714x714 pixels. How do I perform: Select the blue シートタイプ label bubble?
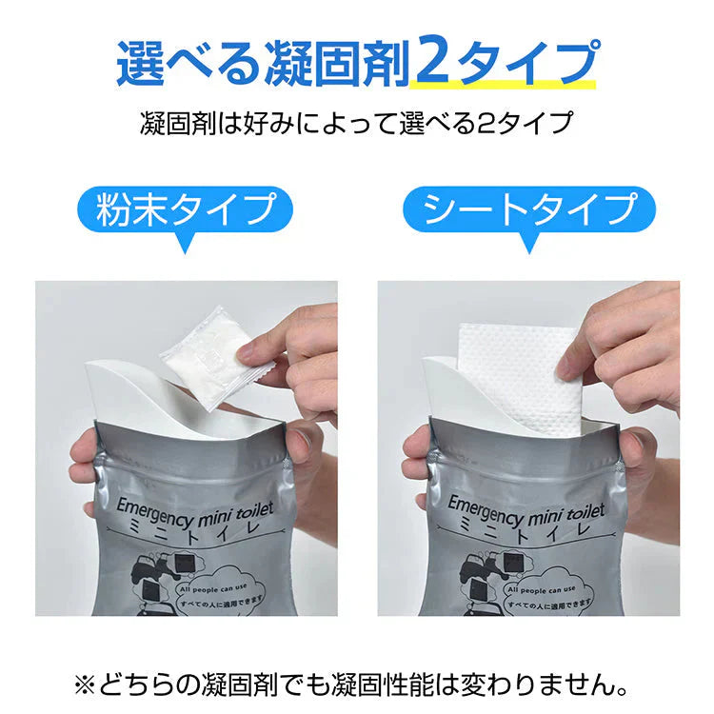click(529, 208)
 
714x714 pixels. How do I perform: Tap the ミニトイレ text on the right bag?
click(526, 533)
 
